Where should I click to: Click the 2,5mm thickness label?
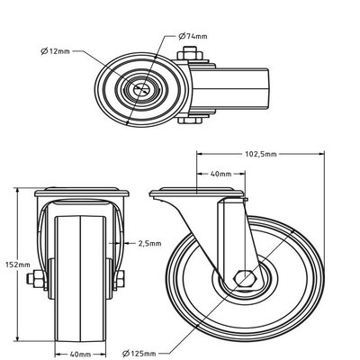pos(150,243)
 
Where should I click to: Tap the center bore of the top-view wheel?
pos(142,92)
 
